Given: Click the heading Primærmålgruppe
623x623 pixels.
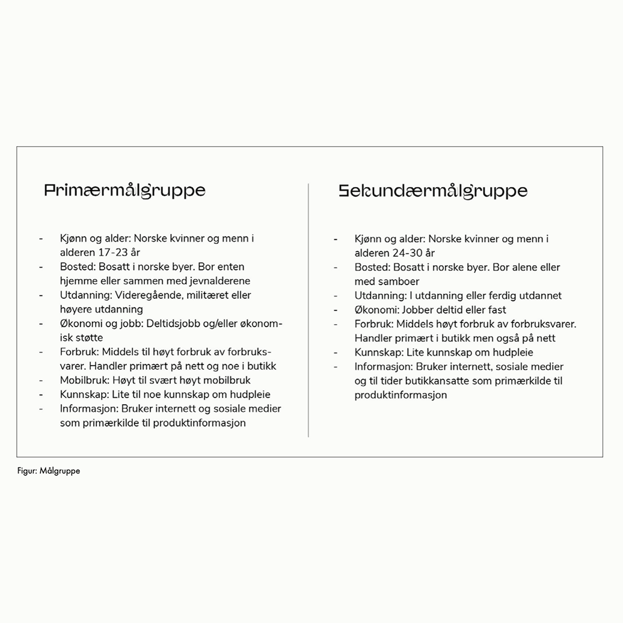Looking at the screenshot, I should point(124,191).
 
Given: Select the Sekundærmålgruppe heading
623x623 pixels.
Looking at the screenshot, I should point(433,191).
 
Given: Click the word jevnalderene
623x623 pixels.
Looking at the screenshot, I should point(221,281).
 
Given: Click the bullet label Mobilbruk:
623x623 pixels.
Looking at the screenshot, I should point(84,380).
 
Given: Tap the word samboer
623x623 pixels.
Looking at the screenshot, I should point(398,281).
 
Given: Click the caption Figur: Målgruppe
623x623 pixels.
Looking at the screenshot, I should point(48,471).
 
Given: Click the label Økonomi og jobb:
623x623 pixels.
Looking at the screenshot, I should point(101,324).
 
